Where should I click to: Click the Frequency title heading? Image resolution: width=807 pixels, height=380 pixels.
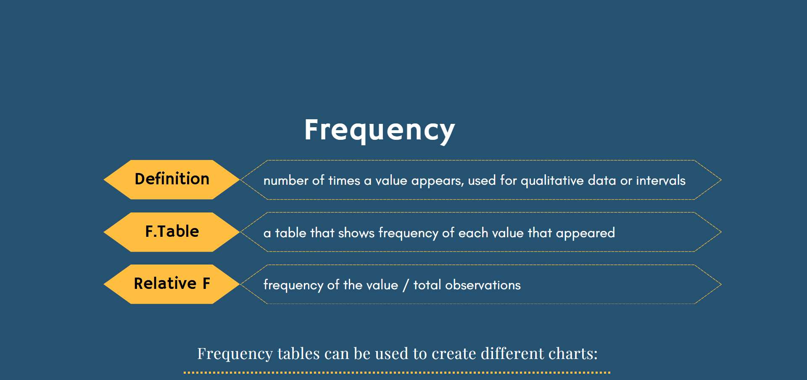coord(380,130)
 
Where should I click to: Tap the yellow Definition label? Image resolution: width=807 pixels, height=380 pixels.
coord(172,179)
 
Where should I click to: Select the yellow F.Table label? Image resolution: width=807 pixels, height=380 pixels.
coord(172,232)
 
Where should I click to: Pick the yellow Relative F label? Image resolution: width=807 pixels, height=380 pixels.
coord(172,284)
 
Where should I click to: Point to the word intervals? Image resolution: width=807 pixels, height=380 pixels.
coord(661,180)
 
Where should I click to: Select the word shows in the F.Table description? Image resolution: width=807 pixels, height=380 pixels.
coord(356,233)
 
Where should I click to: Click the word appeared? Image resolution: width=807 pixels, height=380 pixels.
coord(585,233)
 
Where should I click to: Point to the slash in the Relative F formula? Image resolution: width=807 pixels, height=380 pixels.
coord(406,285)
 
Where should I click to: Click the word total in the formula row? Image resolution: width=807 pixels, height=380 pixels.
coord(427,285)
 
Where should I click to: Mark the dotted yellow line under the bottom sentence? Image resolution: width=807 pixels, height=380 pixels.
coord(397,372)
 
